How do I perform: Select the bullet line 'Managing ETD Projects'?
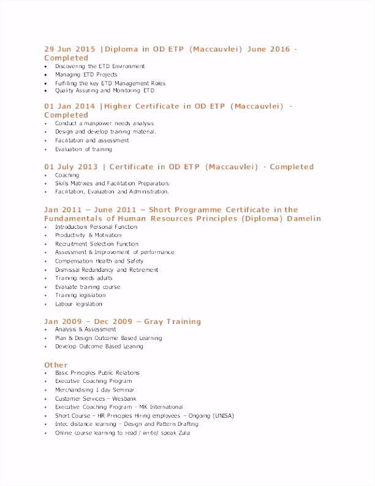tap(86, 75)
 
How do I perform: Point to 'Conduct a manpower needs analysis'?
tap(104, 123)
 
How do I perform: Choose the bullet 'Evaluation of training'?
tap(83, 149)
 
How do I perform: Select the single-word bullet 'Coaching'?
tap(67, 175)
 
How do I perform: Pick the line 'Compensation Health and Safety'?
tap(99, 261)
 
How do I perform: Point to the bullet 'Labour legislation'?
tap(78, 304)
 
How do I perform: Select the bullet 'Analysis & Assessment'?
tap(85, 330)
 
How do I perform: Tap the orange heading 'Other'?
tap(55, 365)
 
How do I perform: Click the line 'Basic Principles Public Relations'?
tap(97, 373)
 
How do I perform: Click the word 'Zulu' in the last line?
tap(183, 433)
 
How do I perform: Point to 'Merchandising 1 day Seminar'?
tap(94, 390)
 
